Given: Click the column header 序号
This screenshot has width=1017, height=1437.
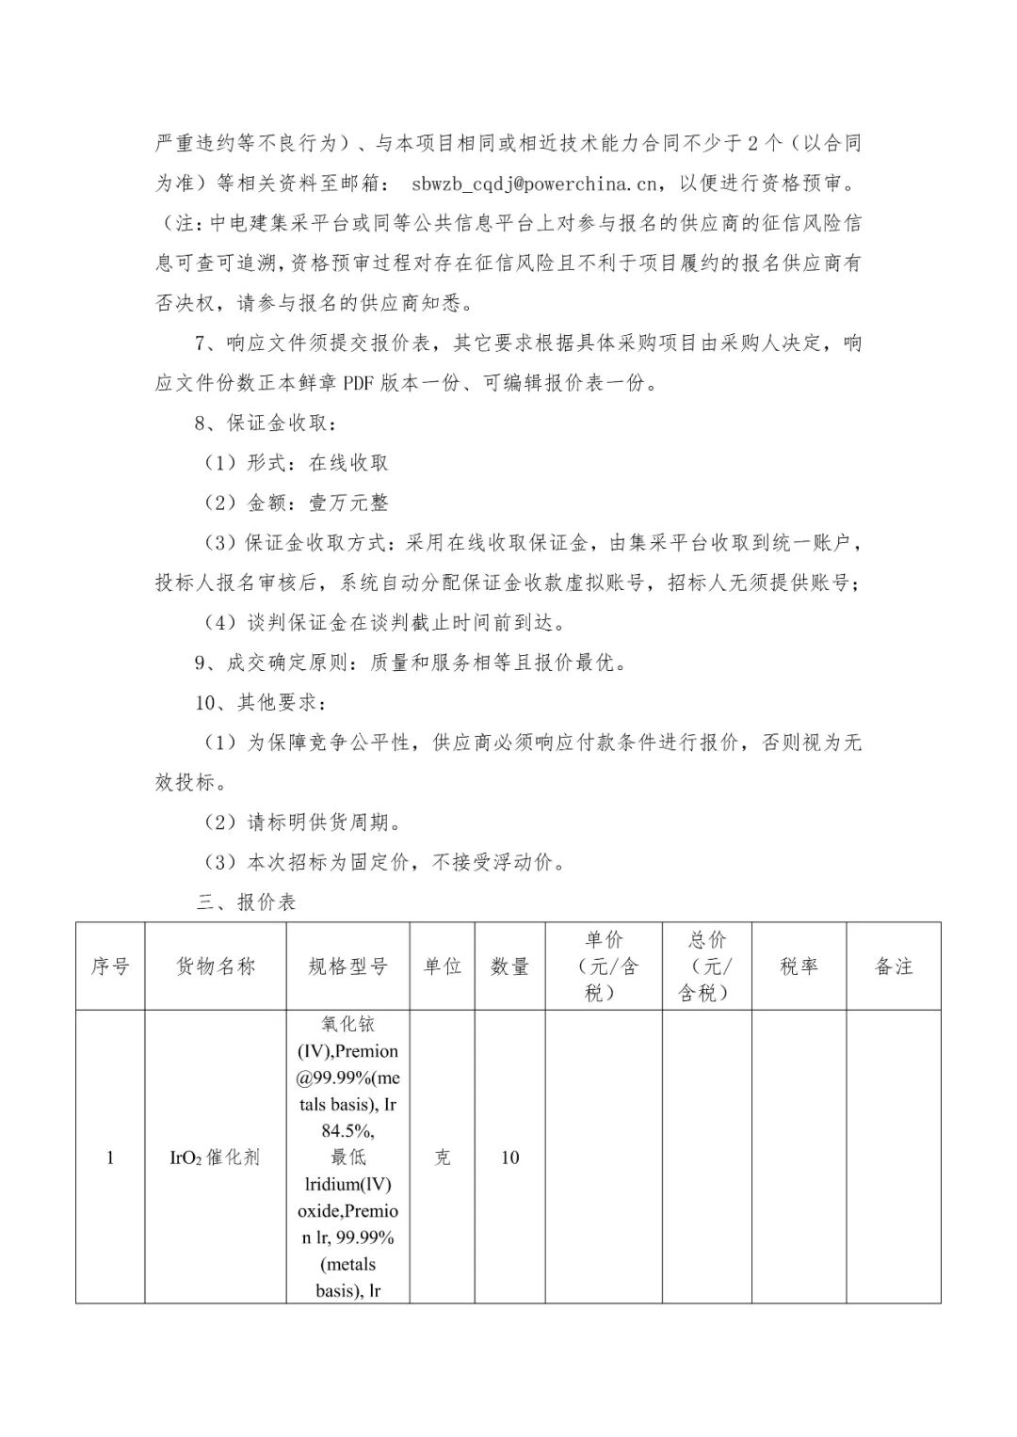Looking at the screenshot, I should (x=110, y=966).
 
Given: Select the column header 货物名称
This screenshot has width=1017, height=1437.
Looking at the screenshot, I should (x=216, y=966).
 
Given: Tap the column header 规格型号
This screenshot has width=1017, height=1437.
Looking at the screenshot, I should (x=347, y=966).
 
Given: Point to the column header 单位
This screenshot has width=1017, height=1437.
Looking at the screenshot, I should (x=442, y=966).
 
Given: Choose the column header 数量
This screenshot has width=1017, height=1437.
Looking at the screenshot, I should (x=509, y=966).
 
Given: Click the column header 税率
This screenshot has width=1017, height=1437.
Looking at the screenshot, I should (x=799, y=966).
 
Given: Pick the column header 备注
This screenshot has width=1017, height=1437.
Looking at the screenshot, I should (x=894, y=966).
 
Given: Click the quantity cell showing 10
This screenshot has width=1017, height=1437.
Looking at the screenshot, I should (x=509, y=1158).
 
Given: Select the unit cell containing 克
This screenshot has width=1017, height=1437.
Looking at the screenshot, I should (x=442, y=1158).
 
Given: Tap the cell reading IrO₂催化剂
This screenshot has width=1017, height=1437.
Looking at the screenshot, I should (x=215, y=1158).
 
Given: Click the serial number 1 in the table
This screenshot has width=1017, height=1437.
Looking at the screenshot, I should (x=110, y=1158).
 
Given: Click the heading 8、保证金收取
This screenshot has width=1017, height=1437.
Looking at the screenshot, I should (x=264, y=423).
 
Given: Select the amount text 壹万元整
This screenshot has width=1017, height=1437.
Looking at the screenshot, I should (x=348, y=503).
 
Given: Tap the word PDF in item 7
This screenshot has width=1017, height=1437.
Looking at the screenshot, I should (x=358, y=383).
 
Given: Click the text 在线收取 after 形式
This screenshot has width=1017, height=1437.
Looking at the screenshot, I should (x=348, y=463).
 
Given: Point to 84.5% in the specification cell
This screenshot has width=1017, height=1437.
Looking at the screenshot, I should (x=347, y=1131).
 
